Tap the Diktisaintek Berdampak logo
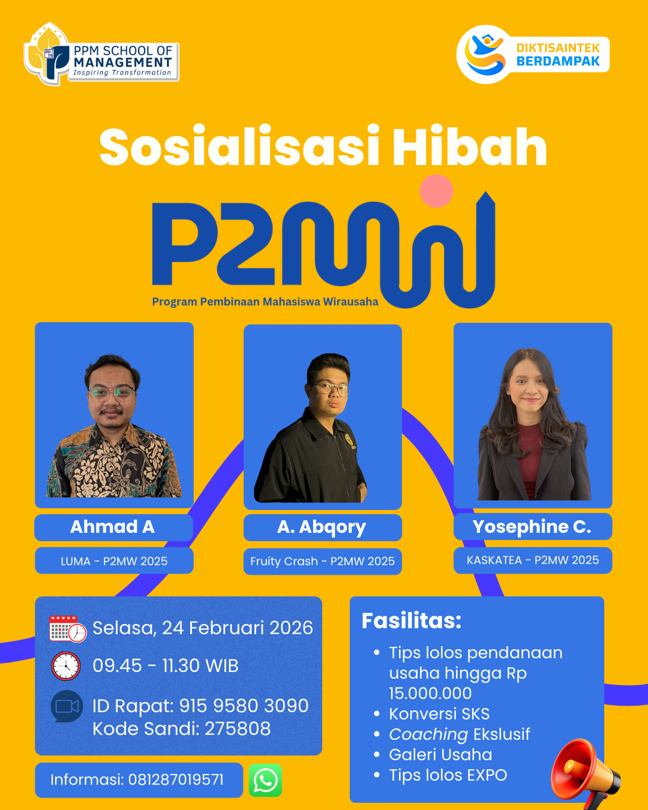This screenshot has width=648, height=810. (x=533, y=55)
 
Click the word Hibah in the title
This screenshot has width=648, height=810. (x=470, y=147)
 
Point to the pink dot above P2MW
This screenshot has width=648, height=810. (x=436, y=190)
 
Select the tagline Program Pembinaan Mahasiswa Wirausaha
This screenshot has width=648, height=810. (x=265, y=302)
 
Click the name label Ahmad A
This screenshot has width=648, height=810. (x=113, y=527)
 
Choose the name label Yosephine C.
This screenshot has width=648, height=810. (x=532, y=527)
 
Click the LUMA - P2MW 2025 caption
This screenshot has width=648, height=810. (x=114, y=561)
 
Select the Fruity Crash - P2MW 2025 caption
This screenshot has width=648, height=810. (x=323, y=561)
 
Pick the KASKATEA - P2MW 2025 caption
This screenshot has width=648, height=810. (x=533, y=560)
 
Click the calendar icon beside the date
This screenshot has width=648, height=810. (x=68, y=629)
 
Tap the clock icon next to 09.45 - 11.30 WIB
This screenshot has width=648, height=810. (x=66, y=666)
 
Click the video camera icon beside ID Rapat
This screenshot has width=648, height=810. (x=67, y=706)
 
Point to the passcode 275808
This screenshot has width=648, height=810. (x=238, y=728)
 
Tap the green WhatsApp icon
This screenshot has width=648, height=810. (x=265, y=780)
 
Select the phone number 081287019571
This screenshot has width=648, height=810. (x=176, y=780)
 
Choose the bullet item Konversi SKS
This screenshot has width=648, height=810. (x=439, y=714)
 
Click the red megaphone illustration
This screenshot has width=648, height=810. (x=586, y=772)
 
